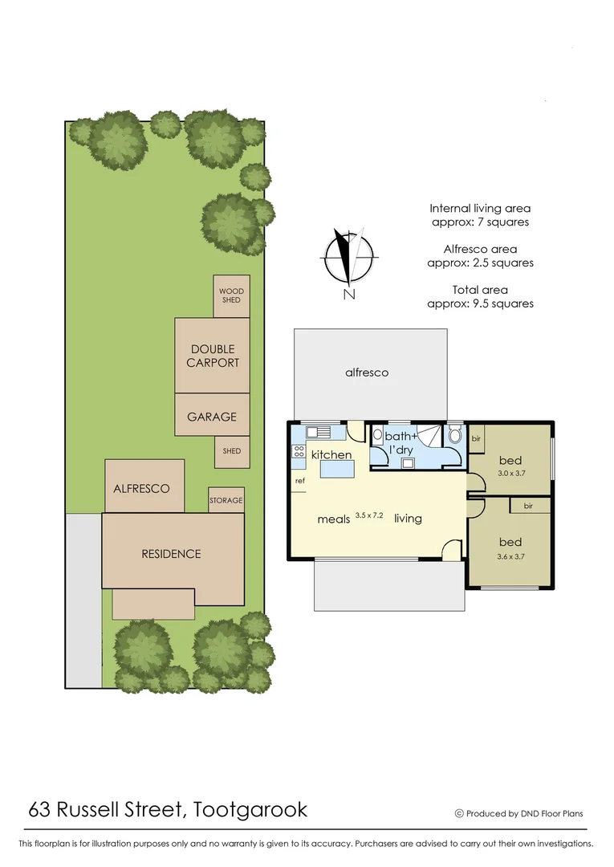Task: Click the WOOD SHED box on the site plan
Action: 231,295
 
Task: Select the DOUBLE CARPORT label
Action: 213,356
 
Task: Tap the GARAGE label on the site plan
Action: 212,417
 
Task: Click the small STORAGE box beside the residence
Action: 226,500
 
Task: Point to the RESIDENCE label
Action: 171,554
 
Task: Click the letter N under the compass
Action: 348,295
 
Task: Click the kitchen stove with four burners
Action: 298,451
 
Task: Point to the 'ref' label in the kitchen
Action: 300,481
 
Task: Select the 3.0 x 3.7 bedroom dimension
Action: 510,474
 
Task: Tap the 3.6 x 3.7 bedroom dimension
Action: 510,556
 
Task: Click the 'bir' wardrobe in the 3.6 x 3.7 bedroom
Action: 528,506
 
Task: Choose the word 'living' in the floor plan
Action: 408,519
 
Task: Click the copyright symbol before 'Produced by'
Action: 459,813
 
